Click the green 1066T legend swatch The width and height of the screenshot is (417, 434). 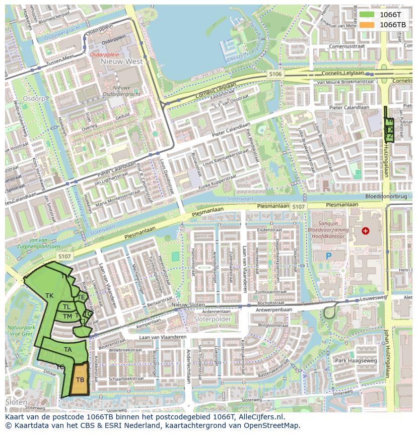coord(367,15)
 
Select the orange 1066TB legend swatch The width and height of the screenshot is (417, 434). coord(367,25)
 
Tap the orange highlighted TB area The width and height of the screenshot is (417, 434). coord(80,380)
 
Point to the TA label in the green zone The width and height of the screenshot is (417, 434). coord(67,349)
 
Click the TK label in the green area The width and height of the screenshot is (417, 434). coord(49,295)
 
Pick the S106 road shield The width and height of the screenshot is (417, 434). coord(275,74)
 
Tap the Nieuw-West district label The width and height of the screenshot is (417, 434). coord(121,61)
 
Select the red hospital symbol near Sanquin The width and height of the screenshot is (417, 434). coord(365,231)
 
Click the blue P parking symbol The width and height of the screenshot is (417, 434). coord(328,256)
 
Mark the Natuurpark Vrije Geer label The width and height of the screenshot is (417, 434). coord(20,330)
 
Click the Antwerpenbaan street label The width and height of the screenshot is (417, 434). coord(274,309)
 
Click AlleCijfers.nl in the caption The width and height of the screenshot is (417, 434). coord(261,417)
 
